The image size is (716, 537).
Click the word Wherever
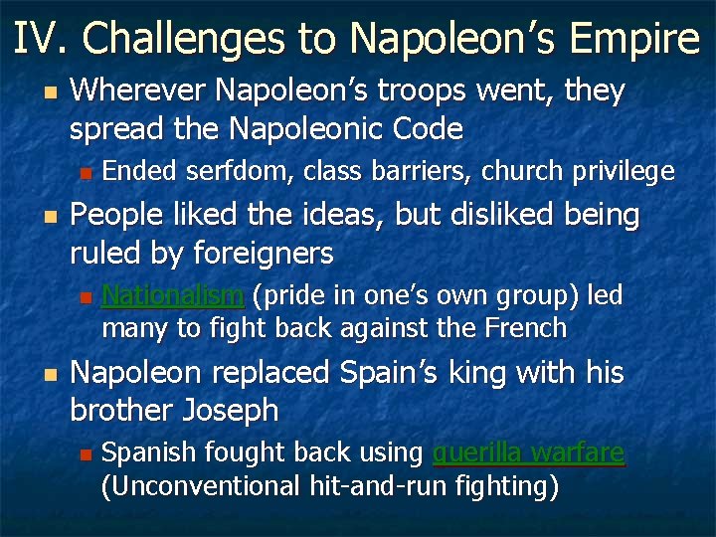click(139, 91)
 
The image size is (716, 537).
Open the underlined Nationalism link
click(173, 295)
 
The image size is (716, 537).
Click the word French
click(525, 328)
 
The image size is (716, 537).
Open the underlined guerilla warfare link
click(528, 453)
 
